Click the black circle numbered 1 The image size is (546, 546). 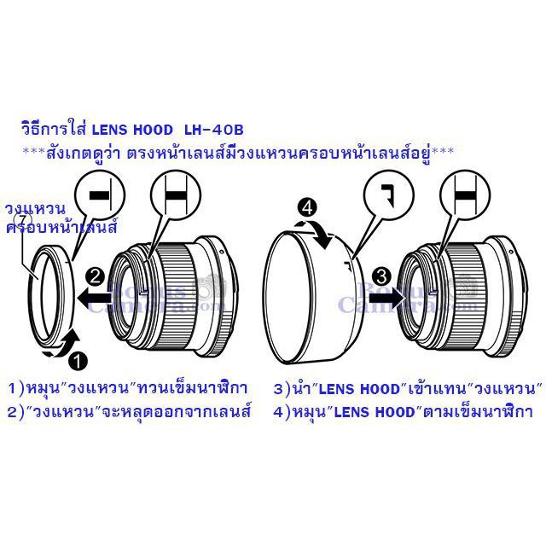point(78,361)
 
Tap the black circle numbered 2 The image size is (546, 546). point(95,277)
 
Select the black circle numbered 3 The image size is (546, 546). point(381,277)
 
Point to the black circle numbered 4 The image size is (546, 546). point(307,208)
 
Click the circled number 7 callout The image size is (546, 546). point(23,220)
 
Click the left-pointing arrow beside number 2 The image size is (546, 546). point(95,298)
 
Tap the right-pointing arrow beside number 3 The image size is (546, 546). point(387,298)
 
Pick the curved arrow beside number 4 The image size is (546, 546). point(315,233)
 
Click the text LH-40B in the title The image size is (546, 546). point(213,130)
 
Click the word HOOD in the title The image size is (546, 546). point(153,130)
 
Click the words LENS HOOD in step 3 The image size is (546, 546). point(358,389)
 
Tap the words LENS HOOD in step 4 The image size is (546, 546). point(375,412)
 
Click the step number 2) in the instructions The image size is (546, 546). point(15,412)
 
